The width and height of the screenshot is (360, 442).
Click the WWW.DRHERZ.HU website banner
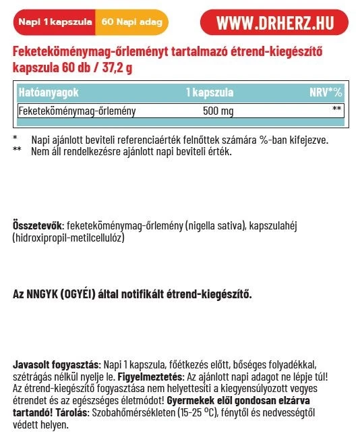pyautogui.click(x=277, y=22)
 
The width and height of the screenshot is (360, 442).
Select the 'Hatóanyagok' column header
pyautogui.click(x=45, y=92)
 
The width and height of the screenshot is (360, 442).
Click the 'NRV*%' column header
pyautogui.click(x=326, y=92)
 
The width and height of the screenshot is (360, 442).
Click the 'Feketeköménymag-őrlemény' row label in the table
pyautogui.click(x=77, y=111)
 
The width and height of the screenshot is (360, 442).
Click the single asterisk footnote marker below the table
pyautogui.click(x=16, y=139)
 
